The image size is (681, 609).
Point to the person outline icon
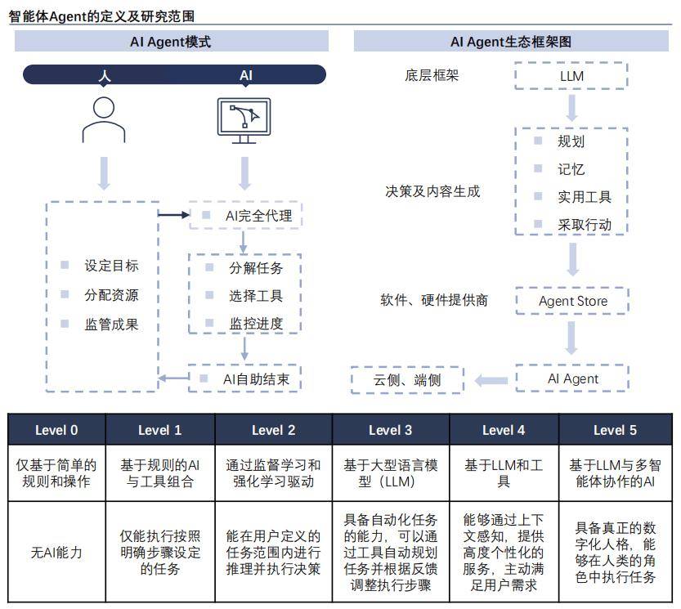pyautogui.click(x=104, y=119)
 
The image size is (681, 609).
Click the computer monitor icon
pyautogui.click(x=244, y=120)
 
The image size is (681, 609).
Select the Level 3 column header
pyautogui.click(x=391, y=430)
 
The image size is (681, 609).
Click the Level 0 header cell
pyautogui.click(x=56, y=430)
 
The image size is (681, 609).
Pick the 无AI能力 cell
pyautogui.click(x=56, y=552)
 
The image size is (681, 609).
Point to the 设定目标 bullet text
pyautogui.click(x=112, y=266)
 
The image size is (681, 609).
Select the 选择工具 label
pyautogui.click(x=256, y=296)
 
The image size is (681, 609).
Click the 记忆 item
pyautogui.click(x=571, y=169)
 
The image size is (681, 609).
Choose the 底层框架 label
pyautogui.click(x=432, y=75)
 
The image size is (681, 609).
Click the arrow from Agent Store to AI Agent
pyautogui.click(x=571, y=338)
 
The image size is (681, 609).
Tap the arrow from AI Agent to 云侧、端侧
pyautogui.click(x=491, y=381)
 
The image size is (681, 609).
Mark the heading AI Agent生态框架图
pyautogui.click(x=511, y=42)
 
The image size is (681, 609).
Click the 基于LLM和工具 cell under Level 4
pyautogui.click(x=504, y=473)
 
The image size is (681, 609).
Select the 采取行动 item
pyautogui.click(x=585, y=225)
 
